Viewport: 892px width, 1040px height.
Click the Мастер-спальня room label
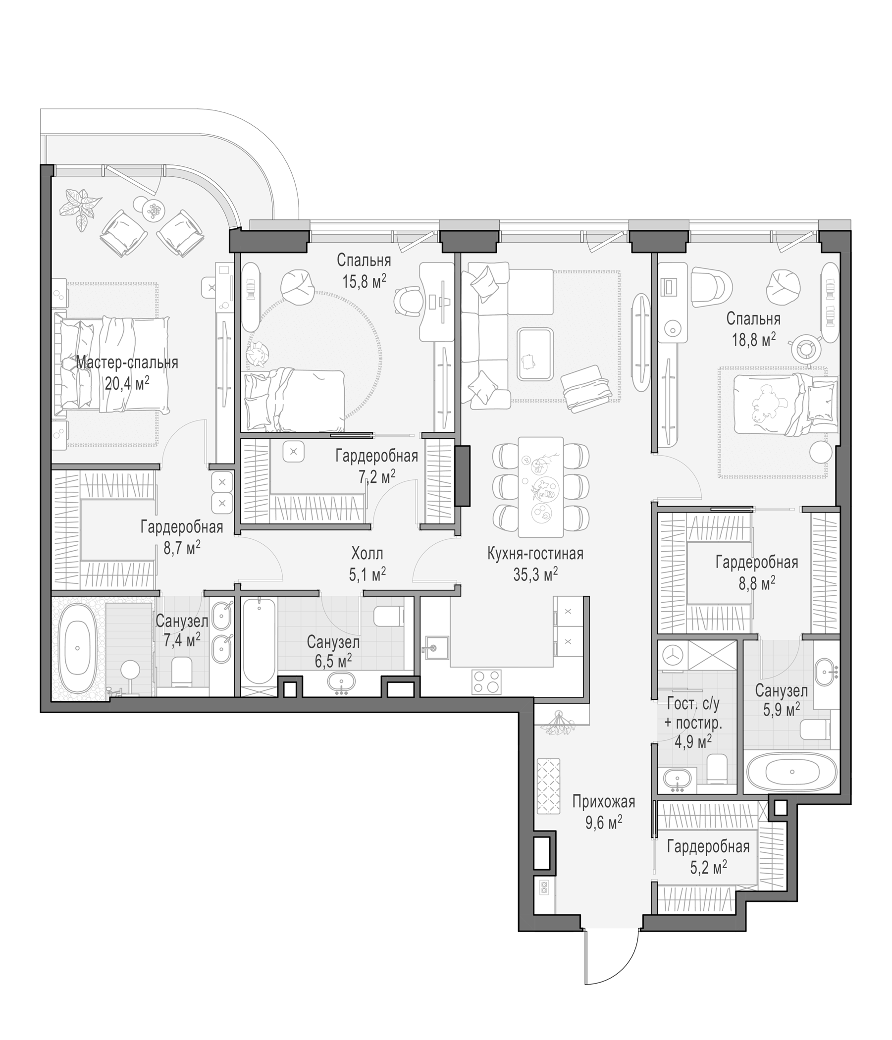pos(127,363)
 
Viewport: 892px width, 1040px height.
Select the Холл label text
pos(367,554)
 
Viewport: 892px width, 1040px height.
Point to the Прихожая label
pos(603,802)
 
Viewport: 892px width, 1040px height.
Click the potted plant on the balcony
pos(80,208)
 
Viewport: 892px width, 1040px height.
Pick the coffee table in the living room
pos(535,355)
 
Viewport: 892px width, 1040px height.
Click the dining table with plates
pos(541,486)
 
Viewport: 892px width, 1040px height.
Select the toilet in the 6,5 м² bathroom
pos(388,616)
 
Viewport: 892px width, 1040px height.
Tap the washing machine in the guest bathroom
pos(671,656)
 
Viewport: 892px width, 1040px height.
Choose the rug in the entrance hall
pos(548,786)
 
